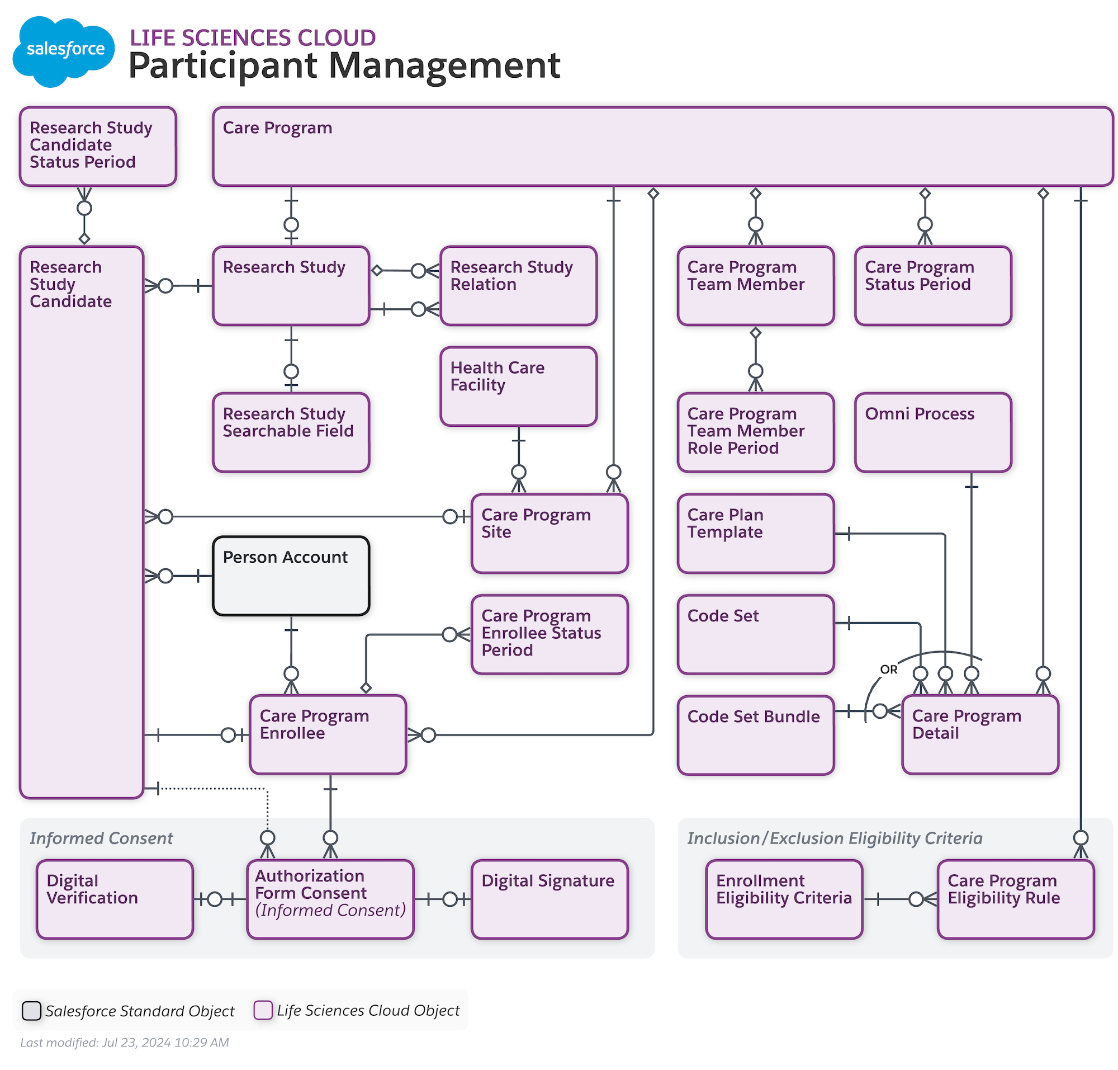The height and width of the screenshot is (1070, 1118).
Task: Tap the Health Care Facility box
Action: (x=518, y=386)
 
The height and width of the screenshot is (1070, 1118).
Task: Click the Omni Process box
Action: (x=932, y=432)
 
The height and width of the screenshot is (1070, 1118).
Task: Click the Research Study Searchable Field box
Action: (x=291, y=432)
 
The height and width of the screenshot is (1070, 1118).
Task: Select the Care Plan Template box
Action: (x=755, y=532)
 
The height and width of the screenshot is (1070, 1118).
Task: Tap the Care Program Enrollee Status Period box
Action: (x=549, y=634)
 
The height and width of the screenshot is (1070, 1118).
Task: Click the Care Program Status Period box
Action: (x=932, y=285)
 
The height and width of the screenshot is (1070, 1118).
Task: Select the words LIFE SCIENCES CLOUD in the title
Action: (x=253, y=37)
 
